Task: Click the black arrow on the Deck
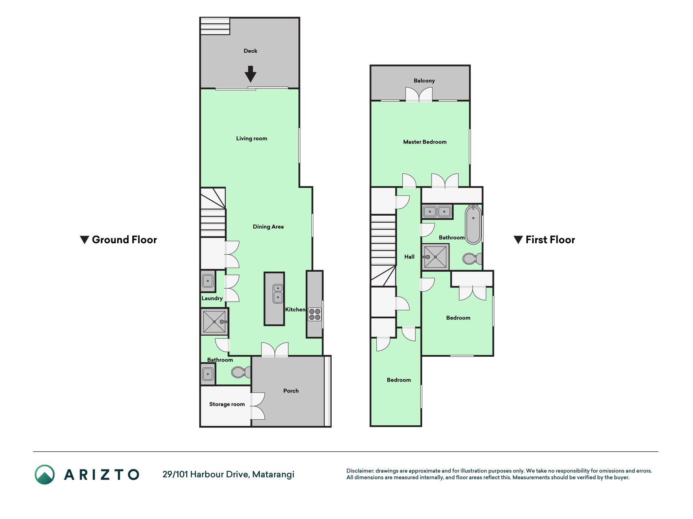(x=250, y=74)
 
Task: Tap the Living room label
(x=252, y=138)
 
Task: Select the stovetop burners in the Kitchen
(x=315, y=314)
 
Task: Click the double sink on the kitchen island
(x=278, y=293)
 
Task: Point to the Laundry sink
(x=207, y=281)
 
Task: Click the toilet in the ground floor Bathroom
(x=241, y=372)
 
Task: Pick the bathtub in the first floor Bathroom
(x=473, y=225)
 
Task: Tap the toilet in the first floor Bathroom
(x=472, y=258)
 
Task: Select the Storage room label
(x=227, y=404)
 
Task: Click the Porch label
(x=291, y=391)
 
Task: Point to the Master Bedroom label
(x=425, y=142)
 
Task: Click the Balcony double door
(x=419, y=94)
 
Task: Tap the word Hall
(x=409, y=257)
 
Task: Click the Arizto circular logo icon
(x=45, y=474)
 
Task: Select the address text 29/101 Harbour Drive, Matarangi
(x=228, y=474)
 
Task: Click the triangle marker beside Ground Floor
(x=84, y=240)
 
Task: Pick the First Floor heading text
(x=550, y=240)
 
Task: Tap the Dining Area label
(x=268, y=227)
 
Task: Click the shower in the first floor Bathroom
(x=435, y=257)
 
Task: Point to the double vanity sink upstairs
(x=437, y=212)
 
